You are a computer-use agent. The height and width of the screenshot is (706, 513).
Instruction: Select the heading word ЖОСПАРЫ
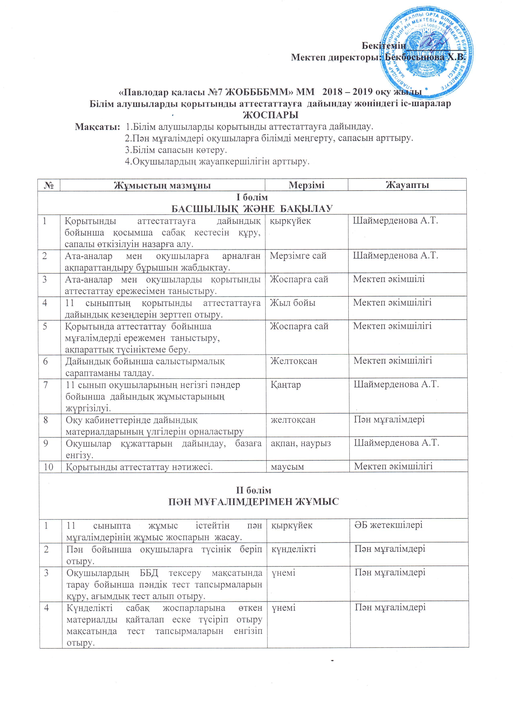coord(270,115)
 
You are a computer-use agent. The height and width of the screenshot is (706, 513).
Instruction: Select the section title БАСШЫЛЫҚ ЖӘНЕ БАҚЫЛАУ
coord(252,209)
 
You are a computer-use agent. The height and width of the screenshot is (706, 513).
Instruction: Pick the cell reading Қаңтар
coord(286,385)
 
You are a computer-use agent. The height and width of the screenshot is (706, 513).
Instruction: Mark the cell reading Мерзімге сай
coord(298,256)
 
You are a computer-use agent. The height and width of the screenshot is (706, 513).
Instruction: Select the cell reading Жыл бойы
coord(292,303)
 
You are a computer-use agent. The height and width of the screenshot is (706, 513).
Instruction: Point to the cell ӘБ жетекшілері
coord(389,525)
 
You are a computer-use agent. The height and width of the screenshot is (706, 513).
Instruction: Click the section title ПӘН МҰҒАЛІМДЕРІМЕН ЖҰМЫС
coord(253,502)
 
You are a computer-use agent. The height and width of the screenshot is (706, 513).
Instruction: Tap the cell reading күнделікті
coord(293,549)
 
